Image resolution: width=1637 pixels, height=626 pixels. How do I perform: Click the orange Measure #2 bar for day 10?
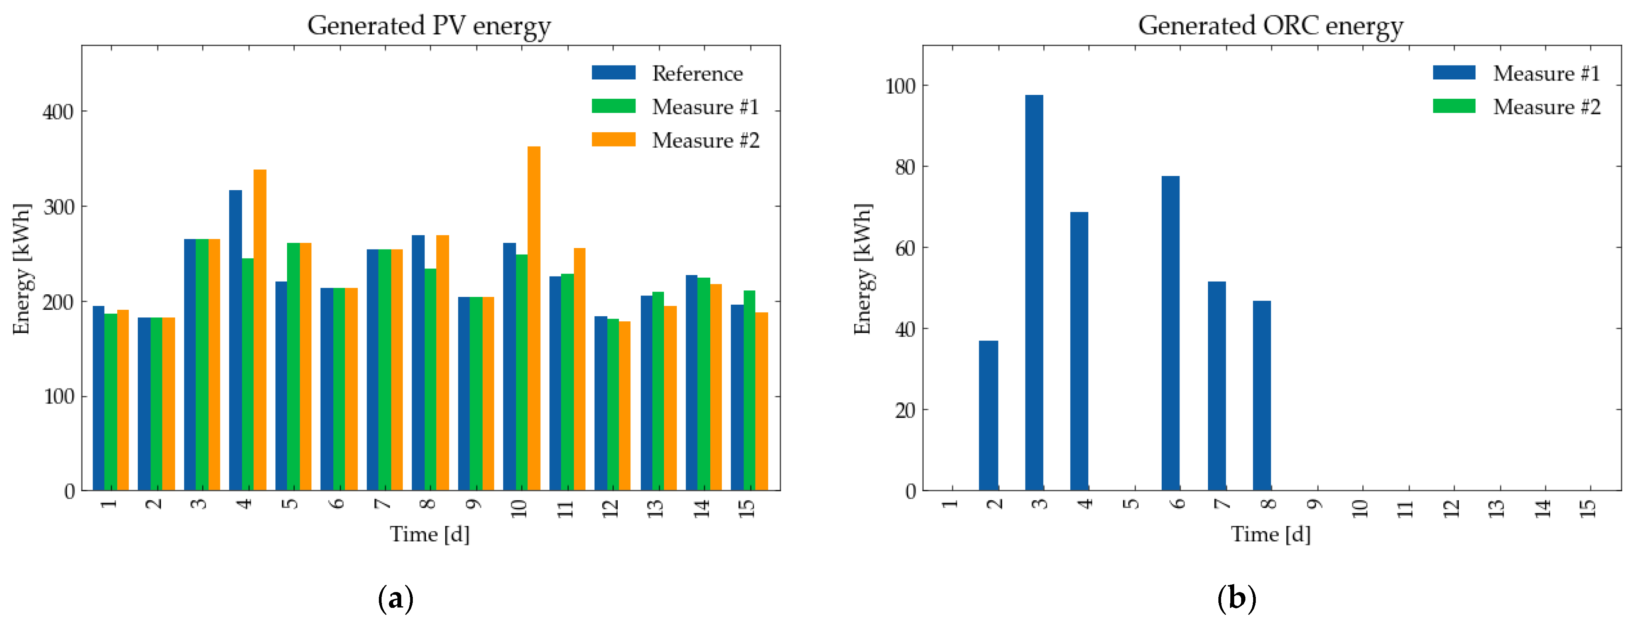coord(534,318)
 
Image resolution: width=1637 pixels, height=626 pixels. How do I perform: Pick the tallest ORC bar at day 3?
coord(1034,292)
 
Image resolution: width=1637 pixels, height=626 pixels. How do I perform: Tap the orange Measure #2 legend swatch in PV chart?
coord(613,140)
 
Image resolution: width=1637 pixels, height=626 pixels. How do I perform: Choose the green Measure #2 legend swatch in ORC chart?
coord(1454,106)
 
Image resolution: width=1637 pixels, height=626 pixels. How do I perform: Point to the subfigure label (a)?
coord(395,599)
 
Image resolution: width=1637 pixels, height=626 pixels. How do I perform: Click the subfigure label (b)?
coord(1237,599)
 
